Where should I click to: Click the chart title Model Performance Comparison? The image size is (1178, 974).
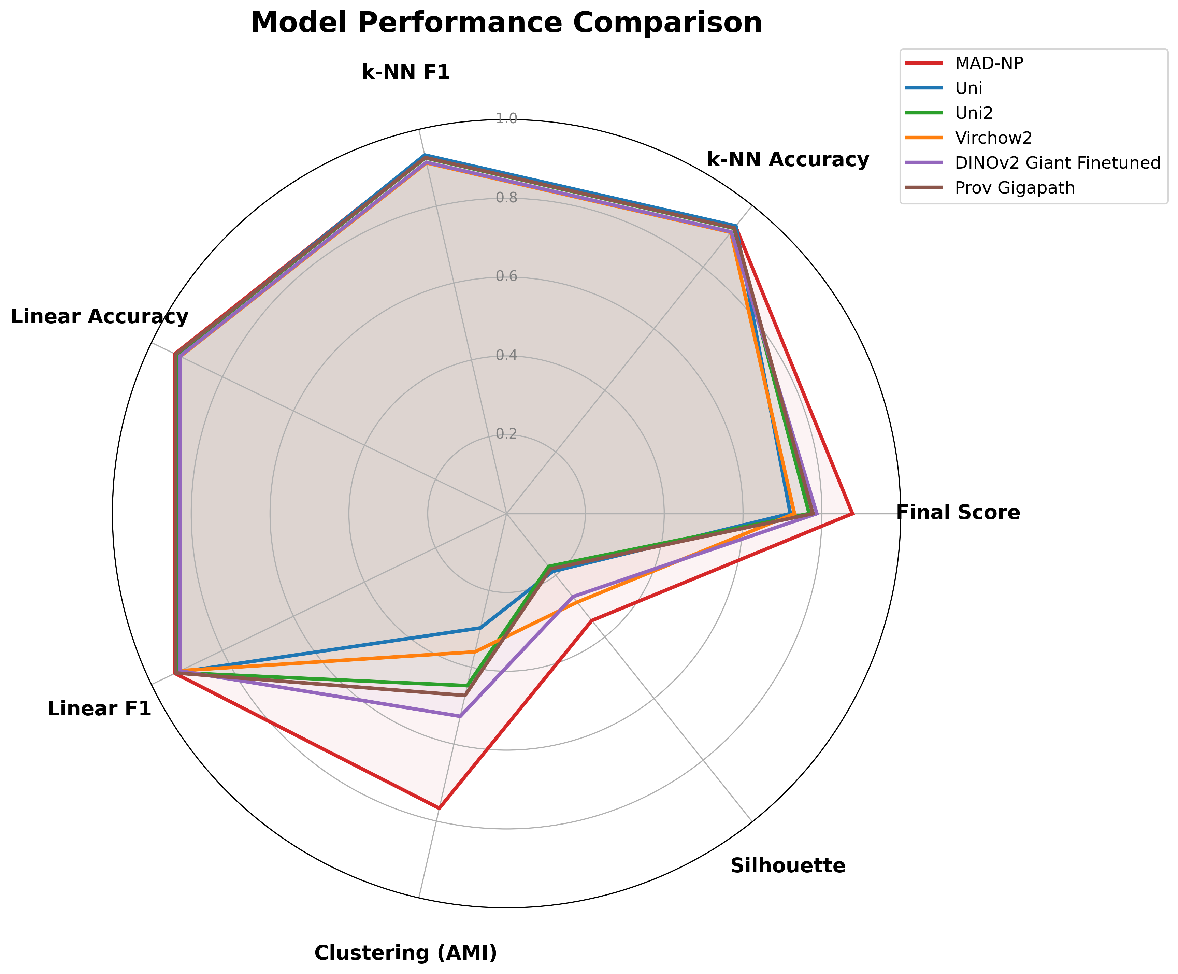(506, 24)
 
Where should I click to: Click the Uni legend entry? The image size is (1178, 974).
(969, 88)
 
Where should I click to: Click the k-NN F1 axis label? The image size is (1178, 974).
(405, 72)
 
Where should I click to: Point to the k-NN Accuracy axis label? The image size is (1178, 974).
(788, 160)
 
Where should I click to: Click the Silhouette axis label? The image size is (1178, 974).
(788, 866)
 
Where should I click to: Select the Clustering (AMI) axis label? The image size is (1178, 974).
(405, 953)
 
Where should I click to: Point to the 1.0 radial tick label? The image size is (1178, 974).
(506, 118)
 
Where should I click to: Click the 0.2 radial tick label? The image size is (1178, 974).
(506, 434)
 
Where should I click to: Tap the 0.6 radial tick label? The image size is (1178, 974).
(506, 276)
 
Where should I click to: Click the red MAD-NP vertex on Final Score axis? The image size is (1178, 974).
(852, 513)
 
